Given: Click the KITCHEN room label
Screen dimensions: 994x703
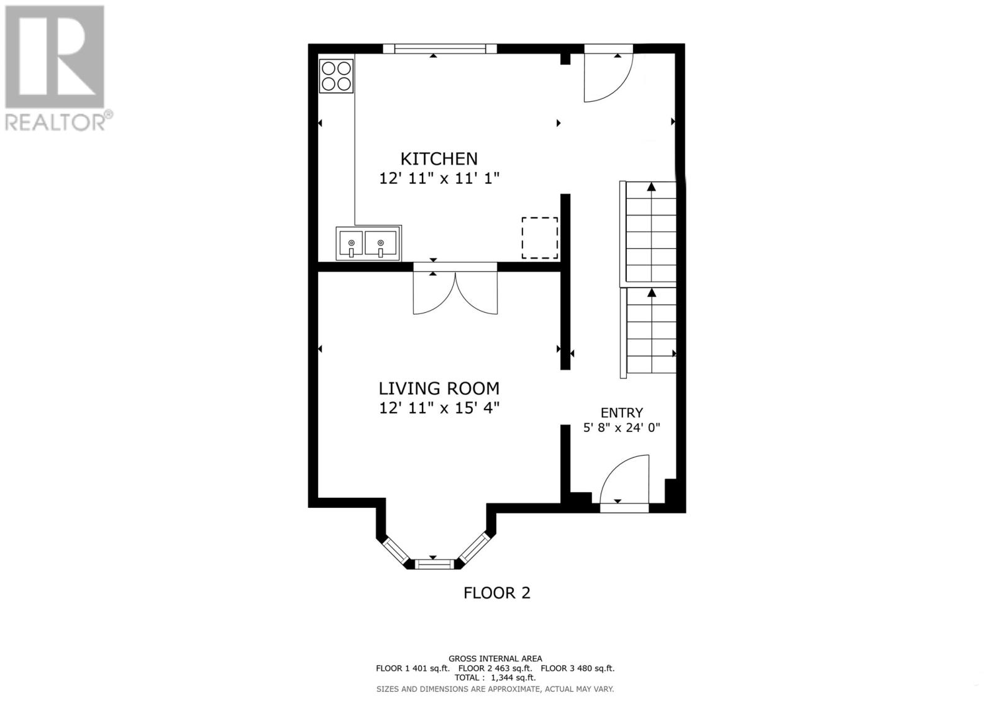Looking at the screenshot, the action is tap(439, 159).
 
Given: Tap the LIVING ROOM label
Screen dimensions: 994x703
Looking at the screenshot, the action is tap(439, 388).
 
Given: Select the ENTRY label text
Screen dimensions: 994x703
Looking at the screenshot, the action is tap(622, 413).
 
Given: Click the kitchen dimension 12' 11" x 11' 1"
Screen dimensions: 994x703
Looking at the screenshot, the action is tap(439, 178).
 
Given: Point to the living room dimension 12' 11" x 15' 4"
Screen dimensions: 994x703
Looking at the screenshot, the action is tap(439, 408).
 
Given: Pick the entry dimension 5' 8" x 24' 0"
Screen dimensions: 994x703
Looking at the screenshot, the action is tap(622, 428).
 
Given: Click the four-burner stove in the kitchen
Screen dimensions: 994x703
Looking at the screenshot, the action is tap(336, 76).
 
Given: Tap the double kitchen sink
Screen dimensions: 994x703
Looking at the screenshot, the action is tap(368, 244).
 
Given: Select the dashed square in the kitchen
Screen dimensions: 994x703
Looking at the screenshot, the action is tap(540, 238).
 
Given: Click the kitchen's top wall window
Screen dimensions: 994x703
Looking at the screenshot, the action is tap(440, 49).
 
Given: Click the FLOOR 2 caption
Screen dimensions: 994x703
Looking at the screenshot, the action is tap(497, 593).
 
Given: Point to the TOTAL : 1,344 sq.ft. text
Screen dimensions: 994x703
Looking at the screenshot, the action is tap(495, 678).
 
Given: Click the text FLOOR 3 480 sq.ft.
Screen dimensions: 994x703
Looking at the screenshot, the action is tap(578, 668).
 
